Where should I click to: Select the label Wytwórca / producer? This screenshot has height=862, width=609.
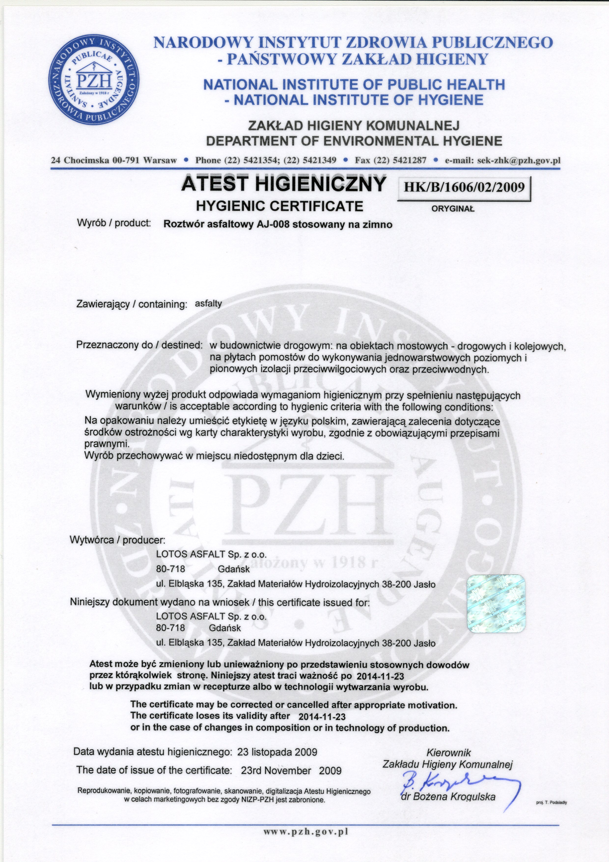117,541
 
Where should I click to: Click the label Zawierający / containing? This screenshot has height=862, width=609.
131,304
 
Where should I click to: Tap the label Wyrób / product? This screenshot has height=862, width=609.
114,223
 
